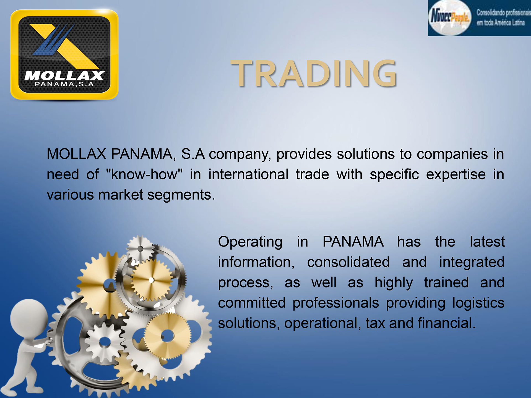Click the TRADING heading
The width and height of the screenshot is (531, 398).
(314, 74)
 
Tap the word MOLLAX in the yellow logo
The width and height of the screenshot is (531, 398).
(64, 75)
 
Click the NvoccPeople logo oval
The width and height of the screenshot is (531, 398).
(450, 18)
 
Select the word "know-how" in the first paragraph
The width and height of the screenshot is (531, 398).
(144, 174)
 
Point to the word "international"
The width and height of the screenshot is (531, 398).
(248, 174)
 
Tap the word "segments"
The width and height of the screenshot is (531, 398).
(181, 195)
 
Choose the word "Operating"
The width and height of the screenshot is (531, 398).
(250, 242)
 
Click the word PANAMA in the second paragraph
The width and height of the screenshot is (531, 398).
(353, 242)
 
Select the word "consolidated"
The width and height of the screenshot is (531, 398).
(348, 262)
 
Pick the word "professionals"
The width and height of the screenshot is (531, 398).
(336, 303)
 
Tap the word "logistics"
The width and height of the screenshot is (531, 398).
(478, 303)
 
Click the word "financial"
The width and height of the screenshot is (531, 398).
(447, 323)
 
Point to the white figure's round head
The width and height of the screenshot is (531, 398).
(29, 318)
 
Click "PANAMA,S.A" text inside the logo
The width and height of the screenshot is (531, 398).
(64, 84)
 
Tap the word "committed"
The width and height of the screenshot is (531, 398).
(252, 303)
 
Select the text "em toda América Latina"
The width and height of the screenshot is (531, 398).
(501, 23)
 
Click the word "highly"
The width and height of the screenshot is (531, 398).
(394, 283)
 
